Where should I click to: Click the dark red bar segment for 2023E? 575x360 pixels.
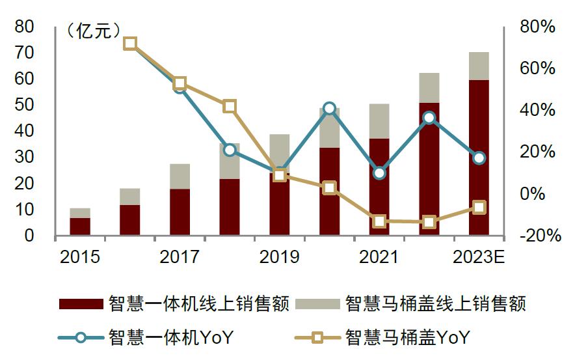coord(479,156)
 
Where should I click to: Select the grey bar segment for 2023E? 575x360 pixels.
coord(479,66)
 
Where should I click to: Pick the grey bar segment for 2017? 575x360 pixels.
coord(180,176)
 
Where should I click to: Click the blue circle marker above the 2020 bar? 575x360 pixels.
coord(329,108)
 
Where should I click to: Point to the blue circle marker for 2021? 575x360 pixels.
coord(379,173)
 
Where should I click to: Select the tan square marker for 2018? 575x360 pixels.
coord(230,107)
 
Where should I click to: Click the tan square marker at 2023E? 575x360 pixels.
coord(479,207)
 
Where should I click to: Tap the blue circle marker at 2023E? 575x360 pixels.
coord(479,158)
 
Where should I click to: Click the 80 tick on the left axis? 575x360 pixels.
coord(24,27)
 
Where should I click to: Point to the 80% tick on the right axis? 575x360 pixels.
coord(537,27)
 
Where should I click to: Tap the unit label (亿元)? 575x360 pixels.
coord(94,31)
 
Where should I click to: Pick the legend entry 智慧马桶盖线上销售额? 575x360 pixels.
coord(410,304)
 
